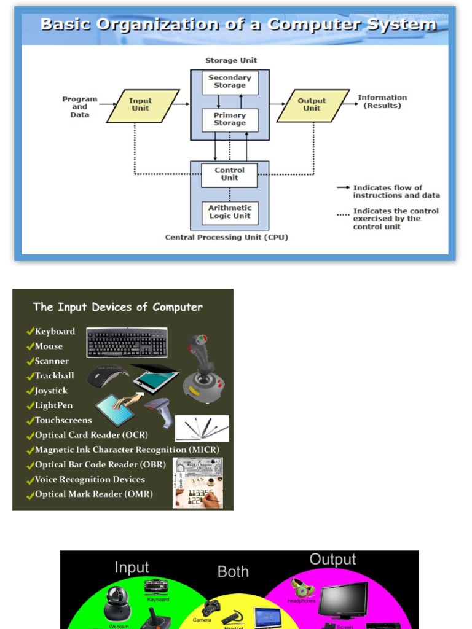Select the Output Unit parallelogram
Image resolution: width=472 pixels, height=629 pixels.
pos(312,106)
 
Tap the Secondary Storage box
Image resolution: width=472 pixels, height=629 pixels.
pos(230,82)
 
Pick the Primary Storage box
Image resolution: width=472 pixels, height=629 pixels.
pos(230,120)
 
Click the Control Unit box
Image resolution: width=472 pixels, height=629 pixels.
pos(230,174)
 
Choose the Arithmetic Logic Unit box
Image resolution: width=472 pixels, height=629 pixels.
pos(230,213)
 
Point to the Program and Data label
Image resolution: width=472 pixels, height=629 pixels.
pos(80,107)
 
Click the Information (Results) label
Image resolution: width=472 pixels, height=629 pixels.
pos(382,102)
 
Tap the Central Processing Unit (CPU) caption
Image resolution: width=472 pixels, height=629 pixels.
pos(226,238)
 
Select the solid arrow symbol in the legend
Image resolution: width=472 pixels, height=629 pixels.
pos(343,188)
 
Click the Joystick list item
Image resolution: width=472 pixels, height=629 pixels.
pos(51,391)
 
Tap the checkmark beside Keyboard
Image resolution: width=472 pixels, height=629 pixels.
pos(29,331)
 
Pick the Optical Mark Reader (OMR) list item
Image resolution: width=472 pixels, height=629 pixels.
pos(93,494)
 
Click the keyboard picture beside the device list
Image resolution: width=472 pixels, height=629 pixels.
pos(127,343)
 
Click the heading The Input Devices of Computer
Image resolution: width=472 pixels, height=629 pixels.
pos(118,307)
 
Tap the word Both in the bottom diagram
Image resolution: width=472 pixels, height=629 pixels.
pos(233,572)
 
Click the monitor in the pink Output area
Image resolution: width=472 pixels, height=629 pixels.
pos(343,600)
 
